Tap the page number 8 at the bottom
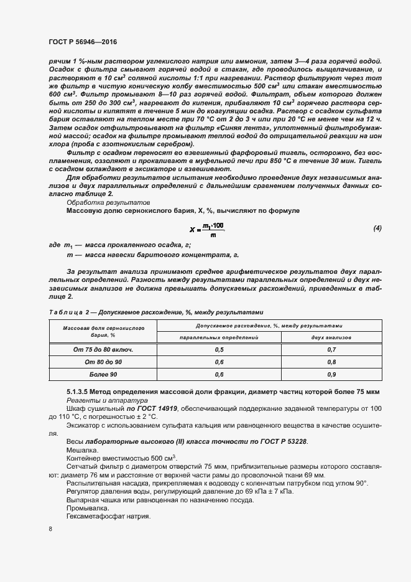[50, 528]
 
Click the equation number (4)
[377, 228]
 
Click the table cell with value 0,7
[331, 350]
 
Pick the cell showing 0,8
[331, 362]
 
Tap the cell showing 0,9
[331, 375]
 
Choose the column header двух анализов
[331, 337]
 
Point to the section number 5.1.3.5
[81, 391]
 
